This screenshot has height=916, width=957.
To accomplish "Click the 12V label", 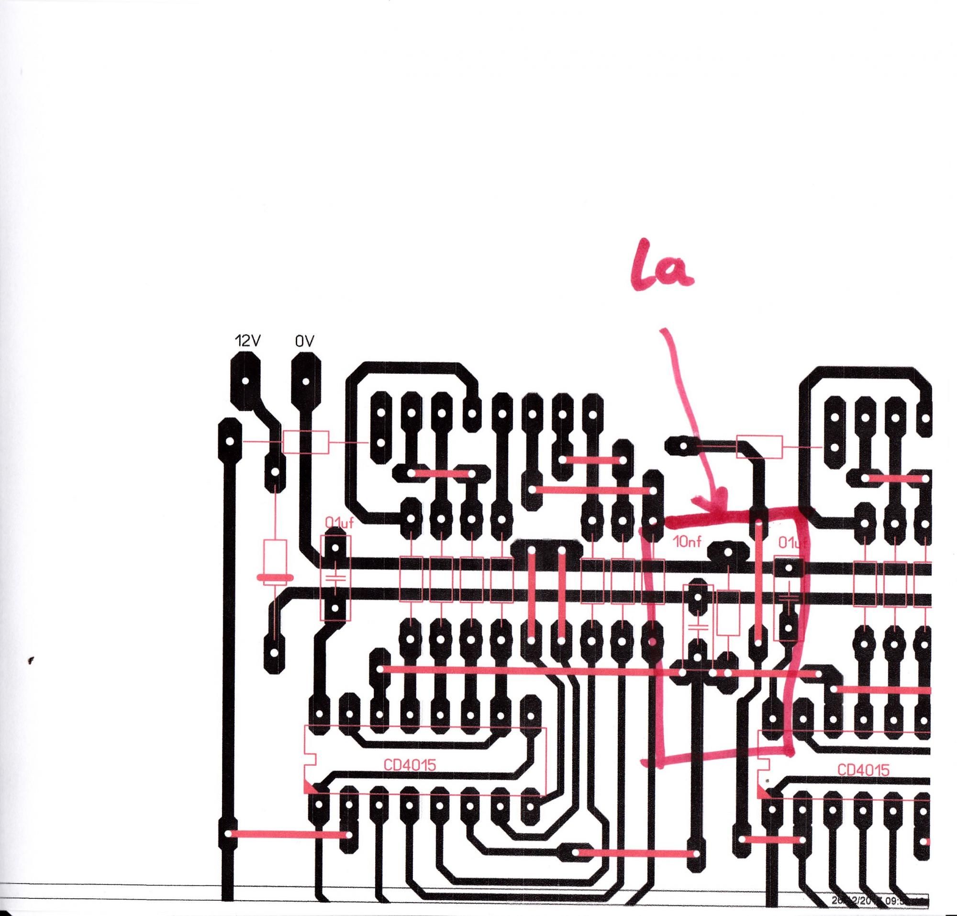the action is (x=247, y=341).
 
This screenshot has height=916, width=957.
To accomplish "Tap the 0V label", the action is (x=304, y=341).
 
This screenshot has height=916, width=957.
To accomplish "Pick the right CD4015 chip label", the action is (x=863, y=770).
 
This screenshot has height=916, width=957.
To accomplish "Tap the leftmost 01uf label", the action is (x=339, y=524).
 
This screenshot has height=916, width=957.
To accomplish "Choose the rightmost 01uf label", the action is (x=792, y=543).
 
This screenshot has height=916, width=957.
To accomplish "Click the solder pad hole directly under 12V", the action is (x=245, y=382).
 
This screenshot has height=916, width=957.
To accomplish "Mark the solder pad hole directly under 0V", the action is (x=306, y=382).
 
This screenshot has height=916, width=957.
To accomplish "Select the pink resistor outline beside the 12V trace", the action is (x=306, y=442).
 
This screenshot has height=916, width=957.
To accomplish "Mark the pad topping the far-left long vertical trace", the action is (x=230, y=442).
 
